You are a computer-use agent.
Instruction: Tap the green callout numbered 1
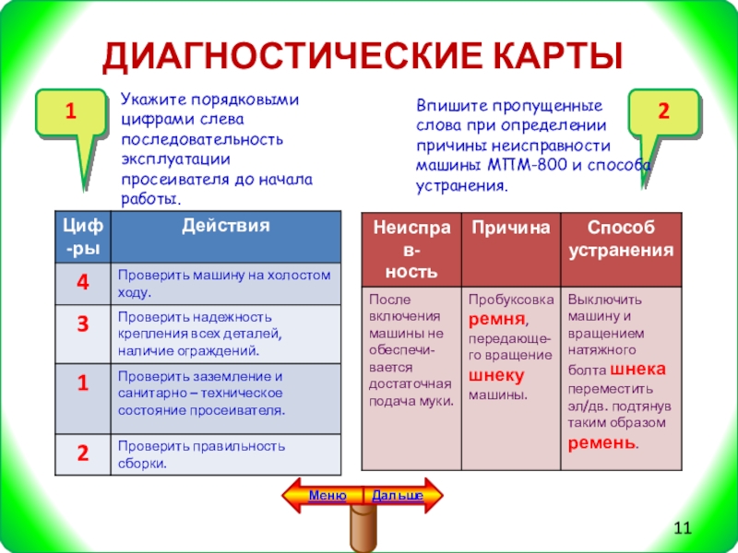pyautogui.click(x=69, y=114)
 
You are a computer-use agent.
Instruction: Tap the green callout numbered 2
pyautogui.click(x=662, y=112)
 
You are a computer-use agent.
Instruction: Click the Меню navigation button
pyautogui.click(x=327, y=496)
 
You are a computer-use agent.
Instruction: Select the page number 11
pyautogui.click(x=683, y=527)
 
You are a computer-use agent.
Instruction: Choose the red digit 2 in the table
pyautogui.click(x=82, y=453)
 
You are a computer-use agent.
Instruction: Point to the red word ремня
pyautogui.click(x=496, y=319)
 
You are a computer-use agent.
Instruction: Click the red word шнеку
pyautogui.click(x=496, y=376)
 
